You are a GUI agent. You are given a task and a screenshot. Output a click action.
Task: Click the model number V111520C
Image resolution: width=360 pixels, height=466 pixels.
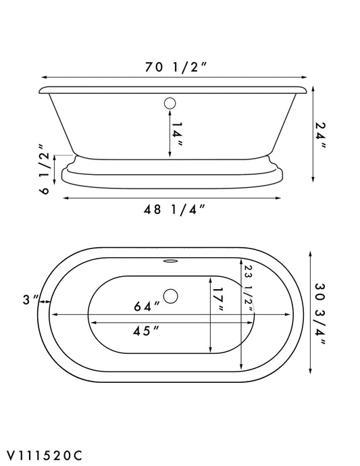click(x=46, y=455)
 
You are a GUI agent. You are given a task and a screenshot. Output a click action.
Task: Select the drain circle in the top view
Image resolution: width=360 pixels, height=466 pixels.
click(x=170, y=296)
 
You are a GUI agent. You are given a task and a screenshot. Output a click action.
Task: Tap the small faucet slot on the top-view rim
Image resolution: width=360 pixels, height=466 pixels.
click(x=170, y=259)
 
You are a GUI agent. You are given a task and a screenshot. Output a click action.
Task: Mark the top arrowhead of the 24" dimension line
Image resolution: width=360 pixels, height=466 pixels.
click(x=313, y=89)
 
